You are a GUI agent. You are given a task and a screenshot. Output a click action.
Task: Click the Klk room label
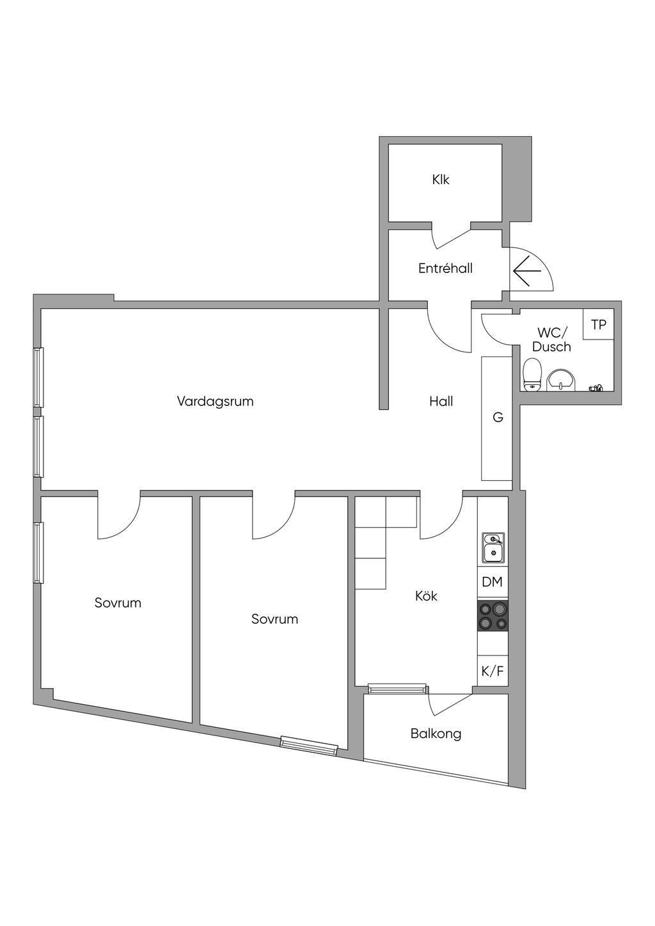(441, 180)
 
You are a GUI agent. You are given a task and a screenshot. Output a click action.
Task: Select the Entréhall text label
(445, 269)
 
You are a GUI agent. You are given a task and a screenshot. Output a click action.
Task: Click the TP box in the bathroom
(598, 325)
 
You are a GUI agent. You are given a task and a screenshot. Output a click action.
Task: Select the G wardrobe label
(498, 418)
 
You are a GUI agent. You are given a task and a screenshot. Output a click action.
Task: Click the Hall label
(441, 402)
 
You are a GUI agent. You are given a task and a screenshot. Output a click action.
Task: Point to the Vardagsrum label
(216, 402)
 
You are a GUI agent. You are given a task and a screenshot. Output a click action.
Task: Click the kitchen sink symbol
(493, 548)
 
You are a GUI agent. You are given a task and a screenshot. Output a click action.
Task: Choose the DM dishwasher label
(492, 583)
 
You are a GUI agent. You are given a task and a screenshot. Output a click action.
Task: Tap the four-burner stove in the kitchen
(493, 616)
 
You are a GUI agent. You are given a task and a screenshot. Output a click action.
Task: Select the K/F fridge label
(492, 671)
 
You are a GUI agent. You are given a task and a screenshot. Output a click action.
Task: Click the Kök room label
(427, 596)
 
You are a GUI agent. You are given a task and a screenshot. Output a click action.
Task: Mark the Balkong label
(436, 734)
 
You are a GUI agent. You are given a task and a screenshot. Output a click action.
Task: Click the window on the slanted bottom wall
(309, 745)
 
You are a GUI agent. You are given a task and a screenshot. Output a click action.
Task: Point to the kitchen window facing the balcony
(397, 689)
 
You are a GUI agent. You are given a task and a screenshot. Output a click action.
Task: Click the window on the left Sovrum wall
(39, 553)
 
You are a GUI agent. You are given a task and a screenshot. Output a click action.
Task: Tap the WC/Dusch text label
(551, 340)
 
